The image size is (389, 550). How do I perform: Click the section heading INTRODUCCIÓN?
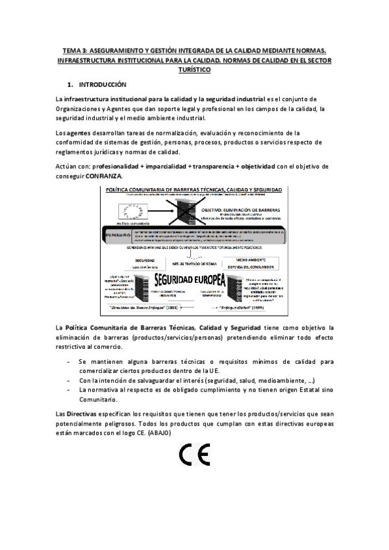[x=102, y=85]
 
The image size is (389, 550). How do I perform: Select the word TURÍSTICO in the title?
[x=194, y=69]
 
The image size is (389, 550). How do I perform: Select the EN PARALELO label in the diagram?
[x=114, y=233]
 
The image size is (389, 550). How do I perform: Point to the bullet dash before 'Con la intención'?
[x=69, y=380]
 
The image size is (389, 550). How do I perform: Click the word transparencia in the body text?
[x=214, y=167]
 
